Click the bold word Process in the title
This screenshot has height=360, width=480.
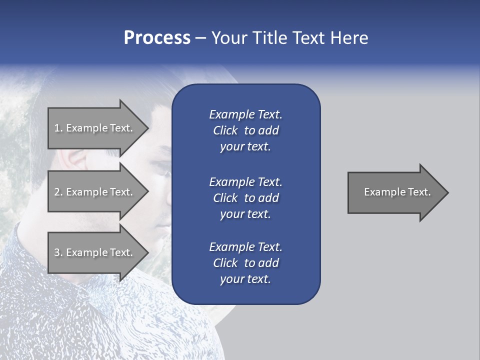[x=157, y=38]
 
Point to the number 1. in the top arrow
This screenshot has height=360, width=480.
[x=58, y=128]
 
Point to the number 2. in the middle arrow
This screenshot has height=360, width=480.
[x=58, y=192]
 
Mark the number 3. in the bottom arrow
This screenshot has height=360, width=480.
[x=58, y=252]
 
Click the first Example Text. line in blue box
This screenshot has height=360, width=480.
[x=245, y=114]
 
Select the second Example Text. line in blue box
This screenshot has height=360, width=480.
[x=245, y=181]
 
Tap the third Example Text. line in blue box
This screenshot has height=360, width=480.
[x=245, y=247]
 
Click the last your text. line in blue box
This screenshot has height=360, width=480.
[x=245, y=279]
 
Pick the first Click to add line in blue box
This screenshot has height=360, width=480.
[x=245, y=130]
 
